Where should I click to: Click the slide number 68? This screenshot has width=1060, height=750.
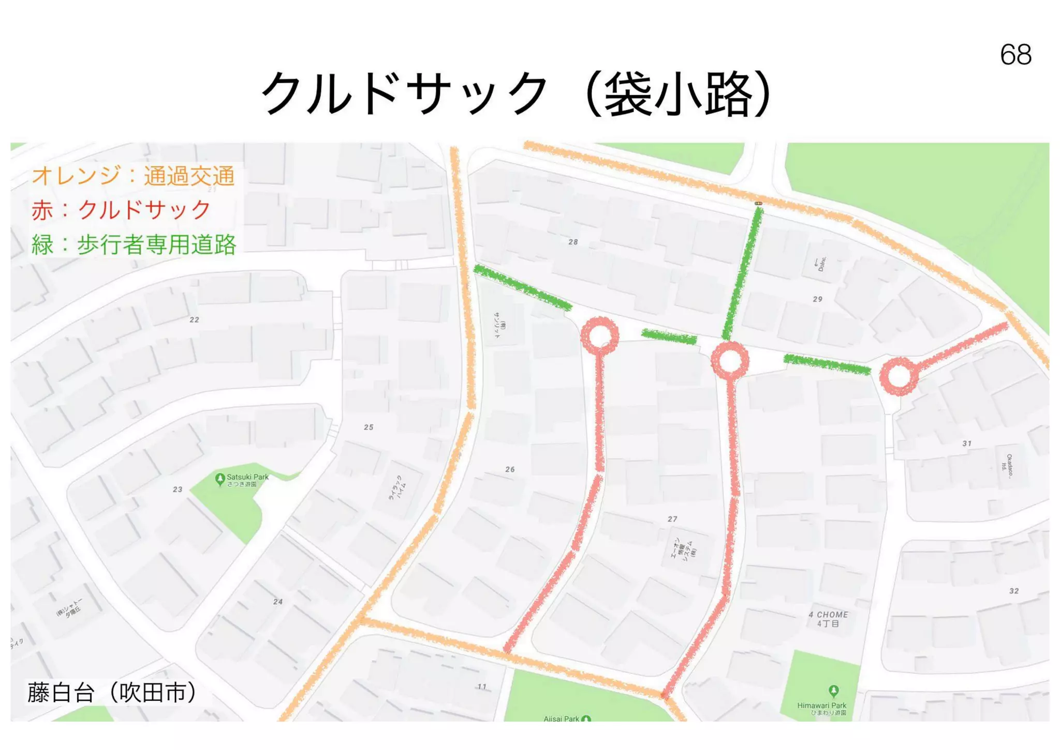[1015, 54]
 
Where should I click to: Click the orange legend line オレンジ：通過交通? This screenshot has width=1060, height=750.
[133, 176]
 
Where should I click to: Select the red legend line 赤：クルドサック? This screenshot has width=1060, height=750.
[121, 210]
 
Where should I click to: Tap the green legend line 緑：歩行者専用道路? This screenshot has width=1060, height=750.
[134, 244]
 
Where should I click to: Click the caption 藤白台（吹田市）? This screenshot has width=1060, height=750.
[112, 693]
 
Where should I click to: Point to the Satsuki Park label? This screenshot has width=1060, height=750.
[247, 477]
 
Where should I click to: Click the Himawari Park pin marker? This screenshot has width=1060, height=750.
[833, 690]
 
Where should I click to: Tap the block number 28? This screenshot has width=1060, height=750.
[573, 242]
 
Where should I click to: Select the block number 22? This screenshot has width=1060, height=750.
[194, 320]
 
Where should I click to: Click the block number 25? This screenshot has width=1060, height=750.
[369, 427]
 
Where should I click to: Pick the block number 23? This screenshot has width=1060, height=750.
[178, 489]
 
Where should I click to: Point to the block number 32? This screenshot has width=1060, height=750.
[1014, 591]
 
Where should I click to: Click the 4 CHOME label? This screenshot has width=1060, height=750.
[828, 615]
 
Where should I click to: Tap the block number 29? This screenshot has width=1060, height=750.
[818, 299]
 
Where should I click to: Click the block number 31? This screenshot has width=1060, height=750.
[967, 443]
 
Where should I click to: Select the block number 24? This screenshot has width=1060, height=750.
[278, 602]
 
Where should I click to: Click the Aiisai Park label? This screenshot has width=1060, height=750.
[562, 718]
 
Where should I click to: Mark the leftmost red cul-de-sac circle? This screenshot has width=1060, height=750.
[600, 336]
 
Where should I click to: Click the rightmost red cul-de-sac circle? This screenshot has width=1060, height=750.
[899, 376]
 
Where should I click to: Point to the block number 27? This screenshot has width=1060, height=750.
[672, 519]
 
